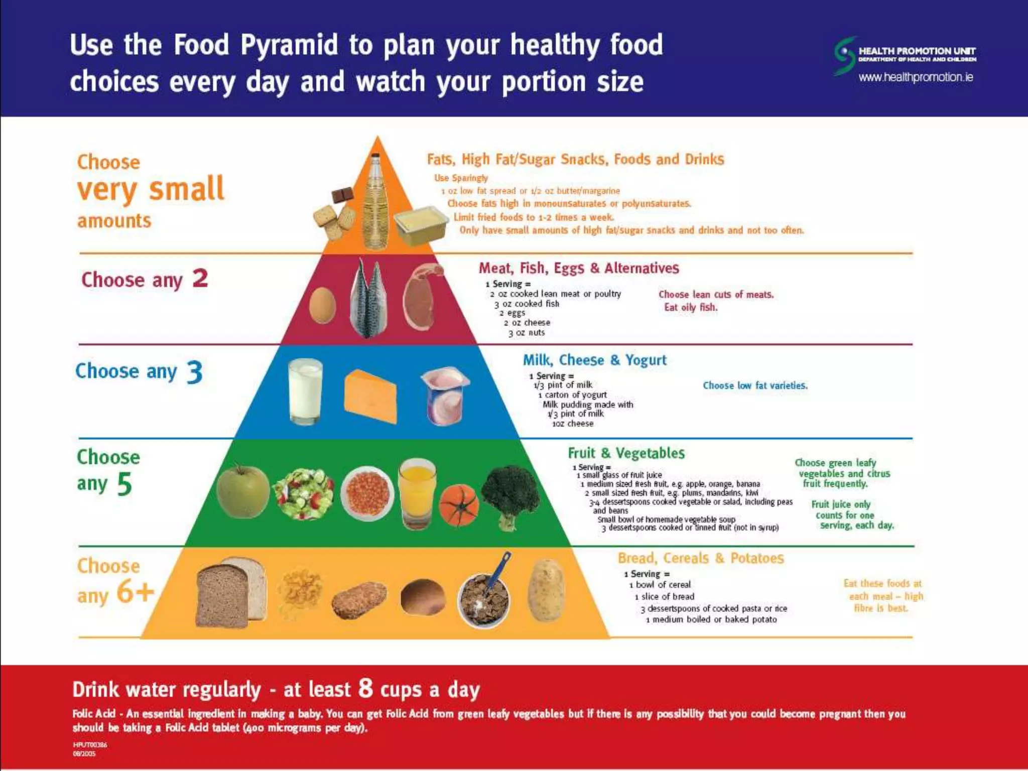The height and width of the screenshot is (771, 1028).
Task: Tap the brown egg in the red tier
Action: (322, 305)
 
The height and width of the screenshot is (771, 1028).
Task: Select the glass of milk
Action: (305, 392)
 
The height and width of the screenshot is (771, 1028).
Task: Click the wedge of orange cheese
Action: (370, 396)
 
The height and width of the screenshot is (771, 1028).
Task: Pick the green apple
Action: (243, 491)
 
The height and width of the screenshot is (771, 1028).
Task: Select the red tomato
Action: (459, 505)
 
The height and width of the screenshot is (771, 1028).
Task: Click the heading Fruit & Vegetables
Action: (626, 453)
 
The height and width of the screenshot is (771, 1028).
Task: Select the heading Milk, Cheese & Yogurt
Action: (594, 360)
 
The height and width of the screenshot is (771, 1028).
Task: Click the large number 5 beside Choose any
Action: (124, 484)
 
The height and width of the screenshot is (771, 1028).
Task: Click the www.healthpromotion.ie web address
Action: (916, 77)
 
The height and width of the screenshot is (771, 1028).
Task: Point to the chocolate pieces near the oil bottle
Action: (342, 195)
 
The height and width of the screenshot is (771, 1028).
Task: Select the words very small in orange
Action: (151, 189)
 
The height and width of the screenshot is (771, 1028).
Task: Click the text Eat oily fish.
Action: (691, 307)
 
